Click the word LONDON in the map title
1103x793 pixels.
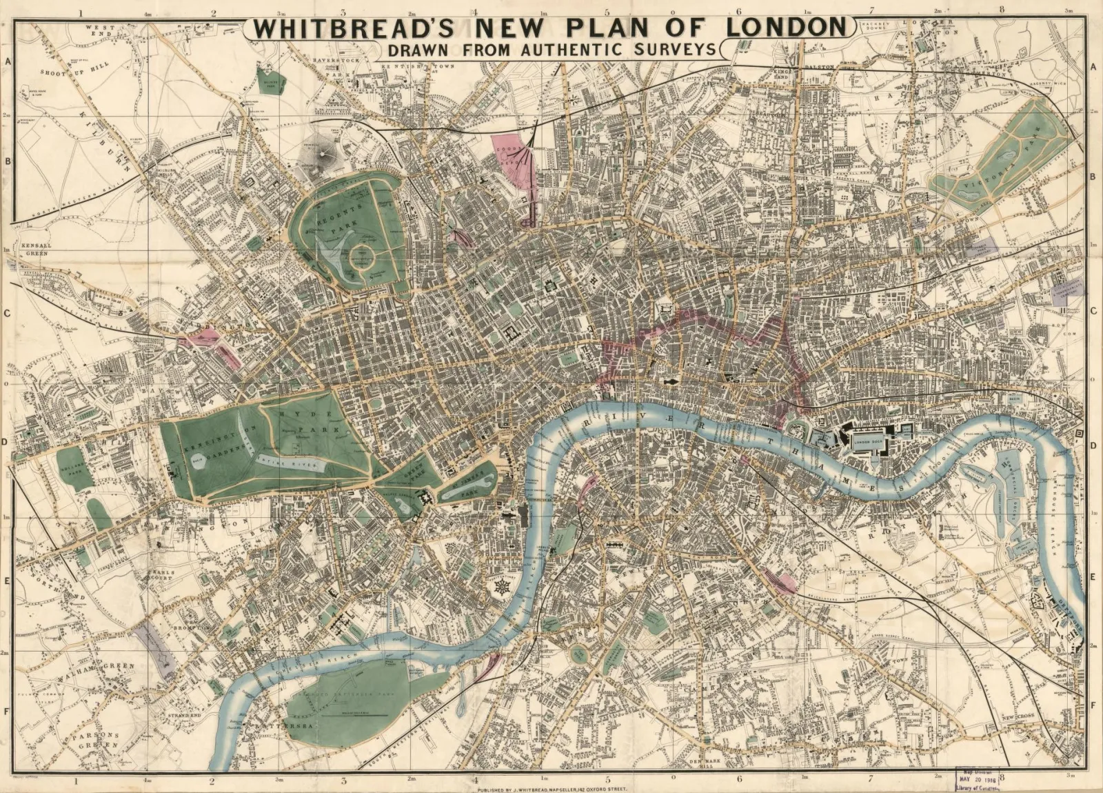[x=786, y=28]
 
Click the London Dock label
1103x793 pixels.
[x=868, y=442]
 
